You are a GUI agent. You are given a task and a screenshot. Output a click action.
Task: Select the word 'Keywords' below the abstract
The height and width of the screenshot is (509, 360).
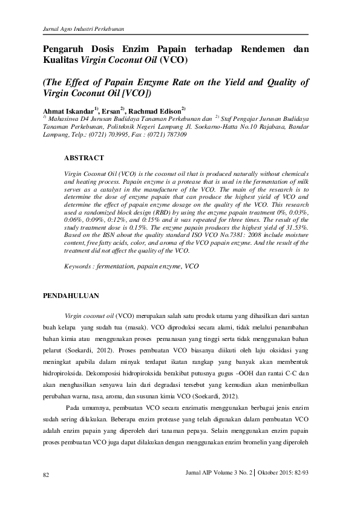[79, 266]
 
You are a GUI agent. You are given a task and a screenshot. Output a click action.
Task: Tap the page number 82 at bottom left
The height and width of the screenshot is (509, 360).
[46, 475]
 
